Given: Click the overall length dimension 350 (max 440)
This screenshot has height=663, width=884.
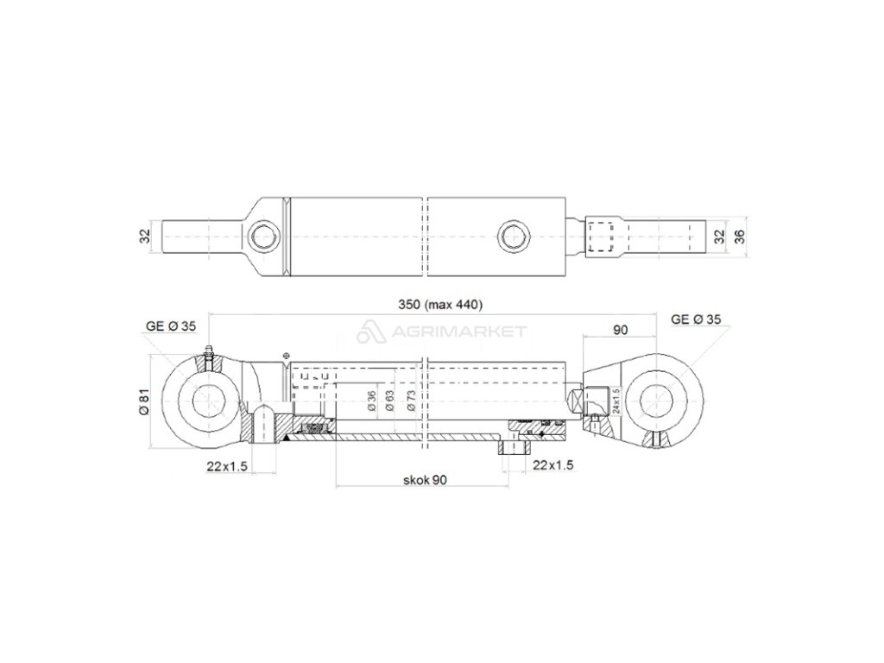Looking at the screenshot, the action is [440, 305].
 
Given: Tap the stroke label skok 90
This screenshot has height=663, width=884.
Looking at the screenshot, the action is [425, 480].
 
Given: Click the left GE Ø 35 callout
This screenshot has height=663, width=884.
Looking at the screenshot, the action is [171, 325].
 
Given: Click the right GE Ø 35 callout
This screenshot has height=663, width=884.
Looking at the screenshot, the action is [696, 319].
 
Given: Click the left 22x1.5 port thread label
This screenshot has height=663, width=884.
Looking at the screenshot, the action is [227, 465].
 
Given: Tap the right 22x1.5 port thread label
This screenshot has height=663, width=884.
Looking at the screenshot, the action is [553, 464].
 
